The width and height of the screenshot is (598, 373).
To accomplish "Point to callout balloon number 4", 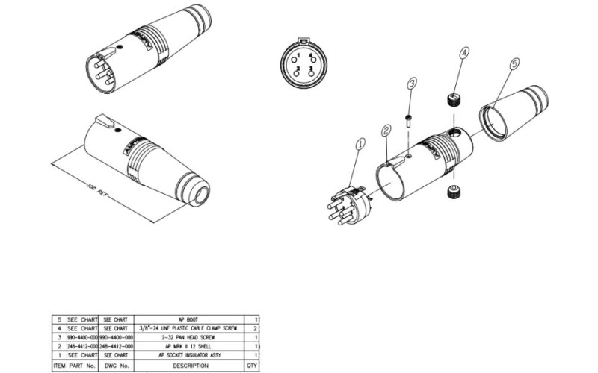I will (x=464, y=53).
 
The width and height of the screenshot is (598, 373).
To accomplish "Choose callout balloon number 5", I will (x=514, y=65).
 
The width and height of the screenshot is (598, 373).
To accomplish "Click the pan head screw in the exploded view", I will (x=409, y=121).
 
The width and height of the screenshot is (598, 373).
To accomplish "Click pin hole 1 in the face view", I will (x=297, y=57).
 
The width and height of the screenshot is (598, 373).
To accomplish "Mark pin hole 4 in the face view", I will (x=309, y=57).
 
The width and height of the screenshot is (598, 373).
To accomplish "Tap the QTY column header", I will (x=251, y=365).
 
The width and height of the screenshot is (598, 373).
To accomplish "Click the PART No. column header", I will (x=83, y=365).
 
